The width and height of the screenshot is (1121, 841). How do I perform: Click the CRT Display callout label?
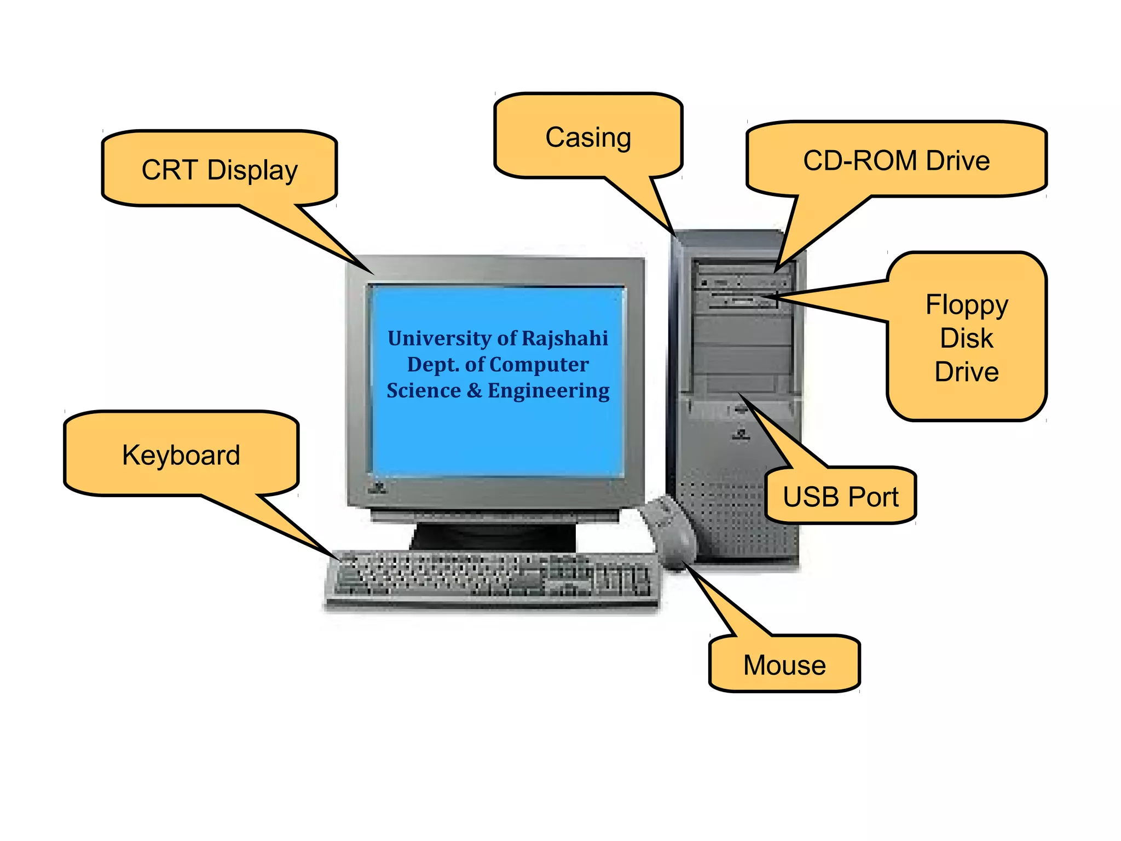click(x=219, y=170)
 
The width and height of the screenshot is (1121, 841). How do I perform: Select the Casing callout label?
click(x=588, y=137)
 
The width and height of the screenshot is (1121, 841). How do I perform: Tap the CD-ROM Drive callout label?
click(x=896, y=161)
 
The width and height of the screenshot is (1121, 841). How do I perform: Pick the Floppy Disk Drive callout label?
click(x=967, y=337)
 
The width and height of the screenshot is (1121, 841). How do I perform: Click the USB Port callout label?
click(x=840, y=497)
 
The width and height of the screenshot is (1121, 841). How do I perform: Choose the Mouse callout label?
click(x=784, y=665)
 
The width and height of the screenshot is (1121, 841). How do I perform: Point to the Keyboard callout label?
click(x=181, y=455)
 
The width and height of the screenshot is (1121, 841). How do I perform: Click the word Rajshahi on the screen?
click(x=565, y=338)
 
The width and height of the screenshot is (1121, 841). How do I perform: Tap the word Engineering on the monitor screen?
click(x=548, y=391)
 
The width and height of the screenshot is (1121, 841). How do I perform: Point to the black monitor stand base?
click(x=493, y=537)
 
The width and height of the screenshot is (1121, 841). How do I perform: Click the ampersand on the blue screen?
click(x=474, y=391)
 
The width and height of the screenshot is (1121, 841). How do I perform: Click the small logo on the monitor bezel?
click(x=378, y=488)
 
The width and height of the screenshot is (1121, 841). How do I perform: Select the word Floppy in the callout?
click(x=967, y=304)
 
